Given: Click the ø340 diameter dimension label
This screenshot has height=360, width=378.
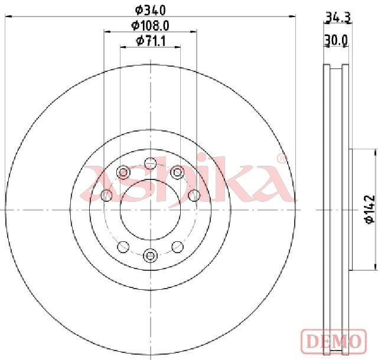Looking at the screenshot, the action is pyautogui.click(x=151, y=10).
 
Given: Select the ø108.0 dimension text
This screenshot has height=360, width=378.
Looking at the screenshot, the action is pyautogui.click(x=150, y=25).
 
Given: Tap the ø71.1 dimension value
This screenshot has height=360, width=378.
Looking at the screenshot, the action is pyautogui.click(x=151, y=41).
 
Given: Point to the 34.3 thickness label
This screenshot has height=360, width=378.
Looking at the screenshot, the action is pyautogui.click(x=338, y=17).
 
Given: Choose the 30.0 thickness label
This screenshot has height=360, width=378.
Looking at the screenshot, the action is pyautogui.click(x=336, y=40).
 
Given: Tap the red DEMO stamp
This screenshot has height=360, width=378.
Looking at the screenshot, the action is pyautogui.click(x=334, y=341).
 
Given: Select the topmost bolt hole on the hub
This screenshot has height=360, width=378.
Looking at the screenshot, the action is pyautogui.click(x=151, y=163).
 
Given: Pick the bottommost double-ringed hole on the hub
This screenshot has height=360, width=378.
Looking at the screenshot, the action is pyautogui.click(x=150, y=255).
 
